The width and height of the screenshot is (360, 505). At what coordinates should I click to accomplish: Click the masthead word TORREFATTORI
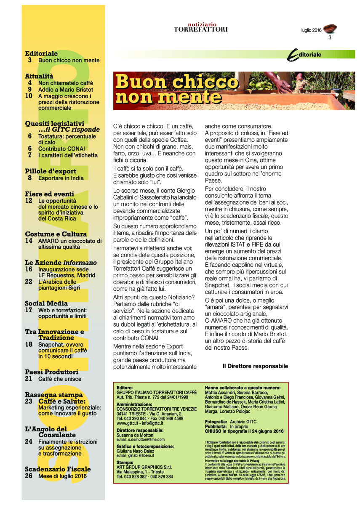pyautogui.click(x=201, y=29)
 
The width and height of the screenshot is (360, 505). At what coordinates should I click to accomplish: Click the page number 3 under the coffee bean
pyautogui.click(x=330, y=38)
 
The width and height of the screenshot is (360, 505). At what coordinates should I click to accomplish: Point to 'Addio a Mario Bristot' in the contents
pyautogui.click(x=66, y=90)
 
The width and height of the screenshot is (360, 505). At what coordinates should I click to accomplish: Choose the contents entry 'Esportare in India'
pyautogui.click(x=61, y=178)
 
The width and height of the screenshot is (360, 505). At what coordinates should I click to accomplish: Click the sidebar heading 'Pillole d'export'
pyautogui.click(x=51, y=171)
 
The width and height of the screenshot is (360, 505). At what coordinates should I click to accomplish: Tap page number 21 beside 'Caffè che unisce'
pyautogui.click(x=29, y=379)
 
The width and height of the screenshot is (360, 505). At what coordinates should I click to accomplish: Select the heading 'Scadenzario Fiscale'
pyautogui.click(x=58, y=469)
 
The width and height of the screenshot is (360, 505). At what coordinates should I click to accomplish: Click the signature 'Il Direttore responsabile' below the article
pyautogui.click(x=255, y=366)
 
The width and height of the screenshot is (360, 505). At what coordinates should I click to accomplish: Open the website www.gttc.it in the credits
pyautogui.click(x=126, y=423)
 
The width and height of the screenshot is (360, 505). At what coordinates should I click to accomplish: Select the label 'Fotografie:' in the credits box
pyautogui.click(x=216, y=422)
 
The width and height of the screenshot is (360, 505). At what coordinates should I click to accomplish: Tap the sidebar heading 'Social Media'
pyautogui.click(x=46, y=303)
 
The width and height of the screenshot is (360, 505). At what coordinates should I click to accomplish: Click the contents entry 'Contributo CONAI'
pyautogui.click(x=61, y=149)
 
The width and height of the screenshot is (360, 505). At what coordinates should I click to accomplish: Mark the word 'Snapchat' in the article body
pyautogui.click(x=217, y=285)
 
